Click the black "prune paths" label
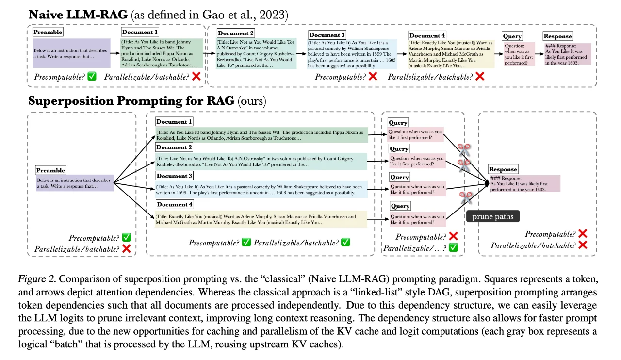click(492, 216)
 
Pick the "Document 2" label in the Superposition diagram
click(174, 147)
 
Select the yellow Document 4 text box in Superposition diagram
click(261, 219)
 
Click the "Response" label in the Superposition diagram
click(503, 169)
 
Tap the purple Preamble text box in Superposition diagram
click(74, 184)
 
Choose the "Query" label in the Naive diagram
click(512, 36)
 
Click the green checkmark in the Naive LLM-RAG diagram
click(92, 76)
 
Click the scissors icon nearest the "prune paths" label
click(466, 197)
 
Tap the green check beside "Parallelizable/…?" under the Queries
click(453, 247)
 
